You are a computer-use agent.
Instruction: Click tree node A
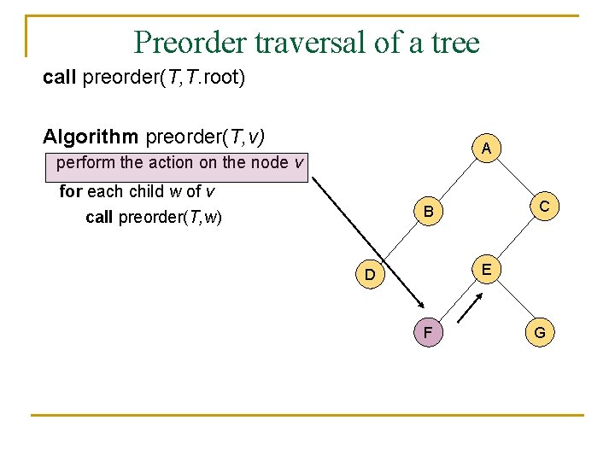[x=485, y=149]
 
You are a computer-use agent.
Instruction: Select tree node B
[x=429, y=211]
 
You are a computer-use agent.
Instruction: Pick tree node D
[x=369, y=274]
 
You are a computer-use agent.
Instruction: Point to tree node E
[x=485, y=270]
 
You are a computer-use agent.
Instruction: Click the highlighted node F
[x=426, y=332]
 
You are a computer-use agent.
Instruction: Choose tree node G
[x=541, y=332]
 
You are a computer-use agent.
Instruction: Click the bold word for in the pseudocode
[x=70, y=191]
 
